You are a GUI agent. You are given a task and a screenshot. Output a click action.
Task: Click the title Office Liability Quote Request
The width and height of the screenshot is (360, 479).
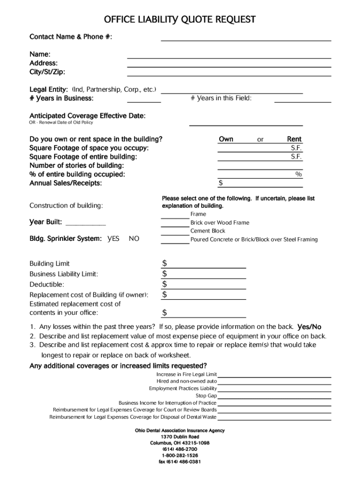click(x=180, y=20)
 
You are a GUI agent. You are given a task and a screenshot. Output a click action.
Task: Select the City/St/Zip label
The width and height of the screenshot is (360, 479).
click(x=47, y=72)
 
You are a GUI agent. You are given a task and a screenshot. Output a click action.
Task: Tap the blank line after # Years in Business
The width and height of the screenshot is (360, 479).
click(x=144, y=101)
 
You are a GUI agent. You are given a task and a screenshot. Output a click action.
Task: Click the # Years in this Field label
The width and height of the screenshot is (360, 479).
click(x=221, y=98)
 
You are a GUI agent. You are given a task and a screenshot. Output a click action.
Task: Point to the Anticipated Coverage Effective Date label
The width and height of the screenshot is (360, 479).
click(x=87, y=116)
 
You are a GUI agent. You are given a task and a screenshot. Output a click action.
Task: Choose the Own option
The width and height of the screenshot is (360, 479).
click(x=226, y=139)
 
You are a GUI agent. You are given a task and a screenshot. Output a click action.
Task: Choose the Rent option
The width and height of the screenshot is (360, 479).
click(x=294, y=139)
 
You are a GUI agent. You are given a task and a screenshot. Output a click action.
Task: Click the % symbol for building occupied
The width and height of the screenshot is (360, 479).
click(x=298, y=174)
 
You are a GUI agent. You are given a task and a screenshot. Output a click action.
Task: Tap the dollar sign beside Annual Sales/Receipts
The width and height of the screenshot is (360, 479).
click(x=221, y=183)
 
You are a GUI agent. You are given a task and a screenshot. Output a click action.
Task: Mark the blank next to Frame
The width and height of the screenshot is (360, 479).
click(x=175, y=217)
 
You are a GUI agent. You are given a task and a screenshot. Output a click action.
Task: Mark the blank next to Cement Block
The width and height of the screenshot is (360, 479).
click(x=175, y=234)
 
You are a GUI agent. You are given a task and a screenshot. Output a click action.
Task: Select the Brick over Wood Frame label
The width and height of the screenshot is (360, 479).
click(x=220, y=223)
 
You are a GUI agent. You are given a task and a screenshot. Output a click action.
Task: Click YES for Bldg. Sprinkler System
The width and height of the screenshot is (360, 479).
click(x=113, y=239)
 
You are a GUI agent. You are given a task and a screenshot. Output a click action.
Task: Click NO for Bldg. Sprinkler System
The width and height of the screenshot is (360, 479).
click(x=134, y=239)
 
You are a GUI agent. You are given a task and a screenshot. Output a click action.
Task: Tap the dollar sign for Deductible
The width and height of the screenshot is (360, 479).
click(x=165, y=284)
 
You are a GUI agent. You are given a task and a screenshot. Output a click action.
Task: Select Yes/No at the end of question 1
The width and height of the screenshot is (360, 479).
click(x=309, y=327)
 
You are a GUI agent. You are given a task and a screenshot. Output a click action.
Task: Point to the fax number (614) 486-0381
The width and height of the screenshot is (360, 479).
click(x=180, y=461)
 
